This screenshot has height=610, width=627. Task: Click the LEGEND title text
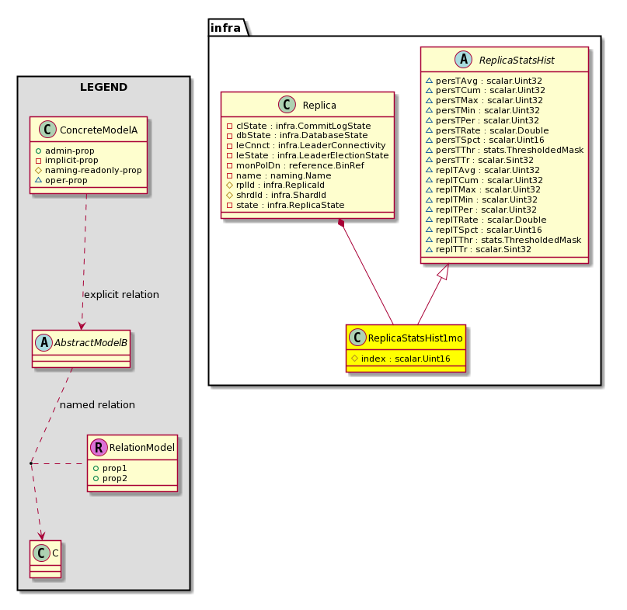pyautogui.click(x=103, y=87)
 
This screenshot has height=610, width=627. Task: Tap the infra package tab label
pyautogui.click(x=225, y=28)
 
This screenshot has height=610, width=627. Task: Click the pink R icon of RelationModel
pyautogui.click(x=99, y=447)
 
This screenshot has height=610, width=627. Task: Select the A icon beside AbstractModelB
pyautogui.click(x=44, y=342)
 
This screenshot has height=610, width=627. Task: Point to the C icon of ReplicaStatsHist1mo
pyautogui.click(x=357, y=337)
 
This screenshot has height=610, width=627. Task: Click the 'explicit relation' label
pyautogui.click(x=121, y=295)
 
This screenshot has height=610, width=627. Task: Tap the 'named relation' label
pyautogui.click(x=97, y=405)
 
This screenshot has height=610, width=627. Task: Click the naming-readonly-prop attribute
pyautogui.click(x=89, y=170)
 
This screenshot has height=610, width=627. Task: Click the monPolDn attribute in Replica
pyautogui.click(x=295, y=165)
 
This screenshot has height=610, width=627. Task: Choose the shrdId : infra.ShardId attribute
pyautogui.click(x=277, y=195)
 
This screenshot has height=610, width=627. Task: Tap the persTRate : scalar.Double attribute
pyautogui.click(x=487, y=130)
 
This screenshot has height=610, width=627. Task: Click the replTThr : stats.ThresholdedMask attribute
pyautogui.click(x=503, y=240)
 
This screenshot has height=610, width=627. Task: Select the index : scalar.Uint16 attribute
pyautogui.click(x=401, y=359)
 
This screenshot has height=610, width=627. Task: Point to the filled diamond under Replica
pyautogui.click(x=341, y=224)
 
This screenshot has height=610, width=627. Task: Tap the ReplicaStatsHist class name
pyautogui.click(x=517, y=61)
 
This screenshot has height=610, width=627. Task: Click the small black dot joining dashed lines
pyautogui.click(x=31, y=463)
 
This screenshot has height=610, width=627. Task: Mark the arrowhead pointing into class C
pyautogui.click(x=41, y=535)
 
